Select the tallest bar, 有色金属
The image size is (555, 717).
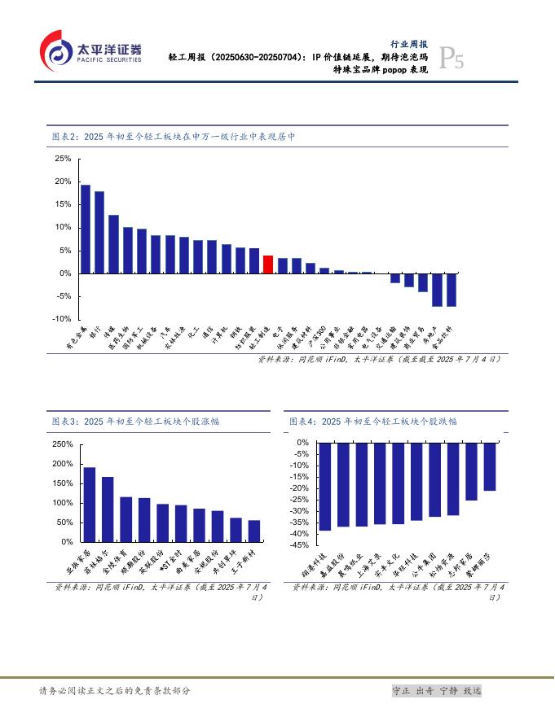click(86, 229)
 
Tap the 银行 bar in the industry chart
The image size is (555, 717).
click(99, 232)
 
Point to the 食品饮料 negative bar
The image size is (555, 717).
click(451, 290)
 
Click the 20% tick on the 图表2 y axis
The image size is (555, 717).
click(63, 181)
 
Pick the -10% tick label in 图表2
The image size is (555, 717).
click(61, 319)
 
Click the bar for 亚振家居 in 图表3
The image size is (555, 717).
click(90, 505)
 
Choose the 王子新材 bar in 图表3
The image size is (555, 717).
click(254, 531)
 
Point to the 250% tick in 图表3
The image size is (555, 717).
click(63, 444)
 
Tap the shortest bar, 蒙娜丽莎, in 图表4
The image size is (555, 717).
click(490, 466)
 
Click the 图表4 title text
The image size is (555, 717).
click(373, 422)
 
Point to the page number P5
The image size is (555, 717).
click(451, 59)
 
